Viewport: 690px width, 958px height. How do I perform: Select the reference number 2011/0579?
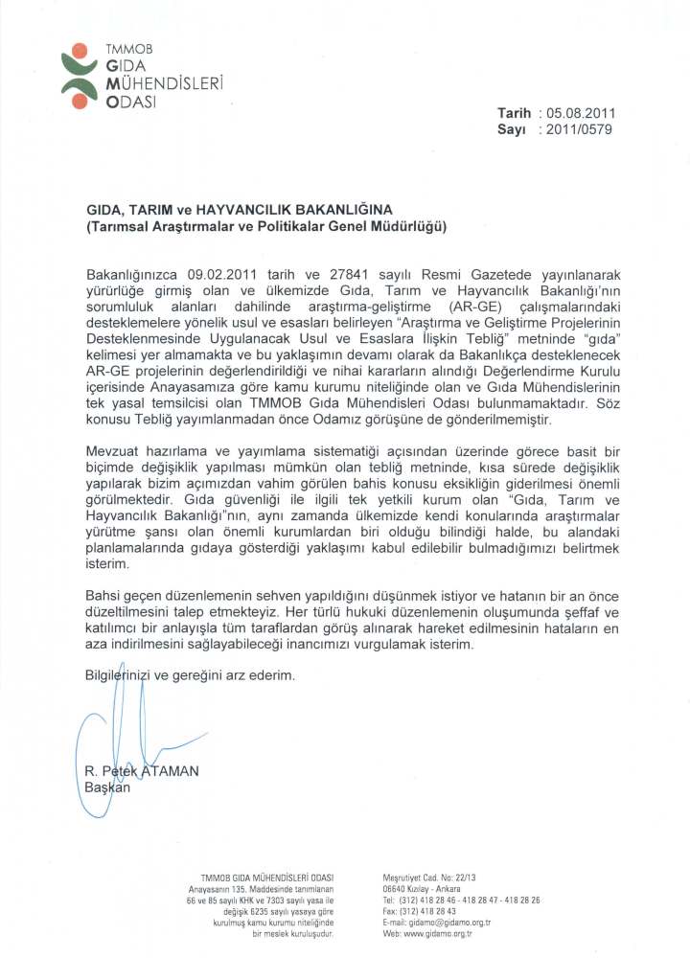[x=580, y=128]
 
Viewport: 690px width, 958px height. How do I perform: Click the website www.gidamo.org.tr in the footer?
[x=436, y=932]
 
